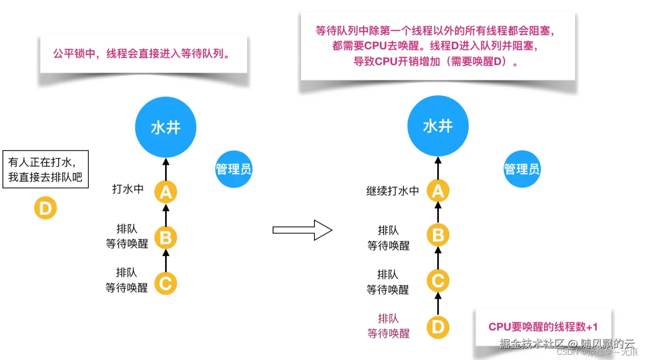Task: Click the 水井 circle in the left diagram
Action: (x=165, y=127)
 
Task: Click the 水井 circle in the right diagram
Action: (x=438, y=126)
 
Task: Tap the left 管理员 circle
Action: (x=234, y=169)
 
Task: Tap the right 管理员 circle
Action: (x=522, y=169)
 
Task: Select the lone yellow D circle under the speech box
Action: (x=45, y=208)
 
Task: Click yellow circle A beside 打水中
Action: (x=165, y=192)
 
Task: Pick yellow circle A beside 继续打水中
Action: (x=438, y=191)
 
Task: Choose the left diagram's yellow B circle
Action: (x=165, y=238)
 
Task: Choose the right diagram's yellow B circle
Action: (x=438, y=235)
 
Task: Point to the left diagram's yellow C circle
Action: (x=165, y=284)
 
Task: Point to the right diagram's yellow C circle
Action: (x=438, y=281)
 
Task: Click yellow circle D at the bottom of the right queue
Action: (x=438, y=327)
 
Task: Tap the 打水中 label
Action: (x=128, y=189)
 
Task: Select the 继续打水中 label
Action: (x=392, y=191)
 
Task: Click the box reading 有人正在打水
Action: (x=45, y=169)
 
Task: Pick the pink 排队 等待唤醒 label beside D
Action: (x=388, y=326)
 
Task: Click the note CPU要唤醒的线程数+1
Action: (x=543, y=327)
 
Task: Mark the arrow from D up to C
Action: (x=438, y=304)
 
